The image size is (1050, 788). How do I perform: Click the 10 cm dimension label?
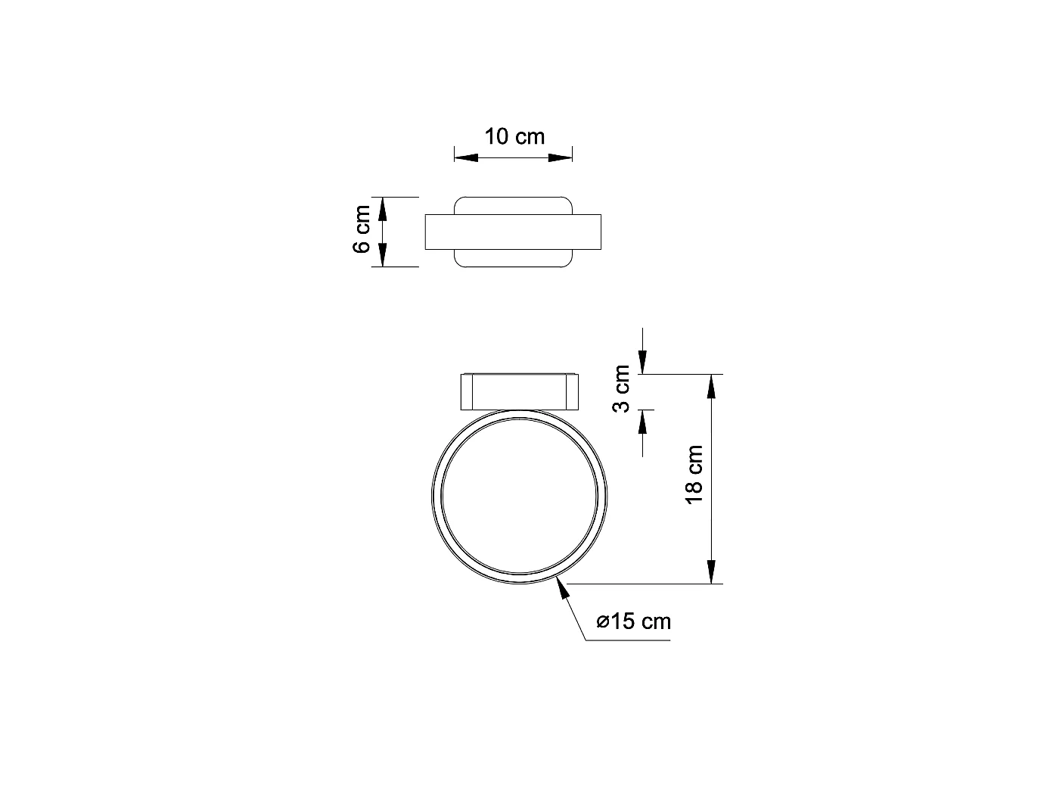(x=514, y=137)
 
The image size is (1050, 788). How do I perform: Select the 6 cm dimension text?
(x=363, y=229)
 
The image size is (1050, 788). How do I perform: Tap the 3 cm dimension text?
(x=622, y=388)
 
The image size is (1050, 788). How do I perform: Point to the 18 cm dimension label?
(x=694, y=475)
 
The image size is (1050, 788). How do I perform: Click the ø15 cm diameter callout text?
(x=633, y=622)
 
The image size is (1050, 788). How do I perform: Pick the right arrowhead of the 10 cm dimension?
(x=560, y=157)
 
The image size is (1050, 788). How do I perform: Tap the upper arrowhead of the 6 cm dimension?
(x=382, y=209)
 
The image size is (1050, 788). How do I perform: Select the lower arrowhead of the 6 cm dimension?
(x=382, y=255)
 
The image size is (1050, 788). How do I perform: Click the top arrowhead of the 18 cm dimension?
(x=711, y=387)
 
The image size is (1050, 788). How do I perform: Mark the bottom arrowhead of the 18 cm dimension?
(x=711, y=571)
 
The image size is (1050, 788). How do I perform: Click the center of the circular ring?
(x=519, y=497)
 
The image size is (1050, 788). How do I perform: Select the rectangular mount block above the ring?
(x=519, y=391)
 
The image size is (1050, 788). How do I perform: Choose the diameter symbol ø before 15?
(x=603, y=623)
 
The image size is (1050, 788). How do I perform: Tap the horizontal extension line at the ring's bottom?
(x=643, y=584)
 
